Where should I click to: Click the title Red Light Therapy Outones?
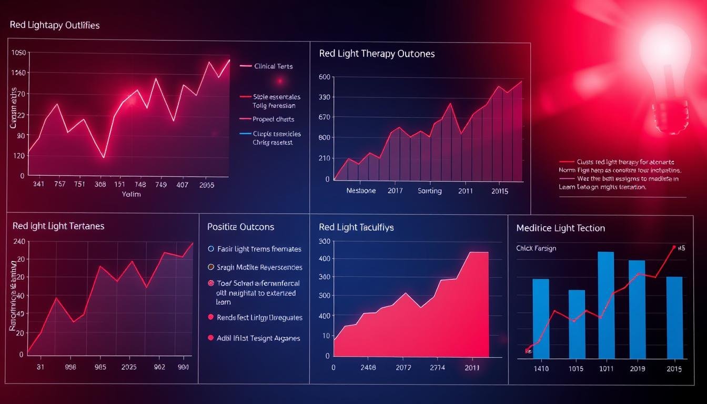pos(377,54)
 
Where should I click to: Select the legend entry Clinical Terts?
pos(274,66)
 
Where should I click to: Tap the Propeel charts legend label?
pos(274,119)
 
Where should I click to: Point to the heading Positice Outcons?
pos(240,227)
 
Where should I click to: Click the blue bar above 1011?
pos(606,305)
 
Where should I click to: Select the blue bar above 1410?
pos(541,318)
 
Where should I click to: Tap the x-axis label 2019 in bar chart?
pos(638,369)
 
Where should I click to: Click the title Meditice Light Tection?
pos(560,228)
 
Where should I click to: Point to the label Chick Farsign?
pos(536,248)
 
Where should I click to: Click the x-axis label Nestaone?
pos(361,191)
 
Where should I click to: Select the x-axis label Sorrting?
pos(429,191)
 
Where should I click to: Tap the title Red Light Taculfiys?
pos(356,227)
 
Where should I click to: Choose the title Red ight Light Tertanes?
pos(58,226)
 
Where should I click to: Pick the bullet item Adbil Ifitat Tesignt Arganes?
pos(258,338)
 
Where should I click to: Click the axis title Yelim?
pos(131,194)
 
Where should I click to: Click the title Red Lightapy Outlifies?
pos(55,25)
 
